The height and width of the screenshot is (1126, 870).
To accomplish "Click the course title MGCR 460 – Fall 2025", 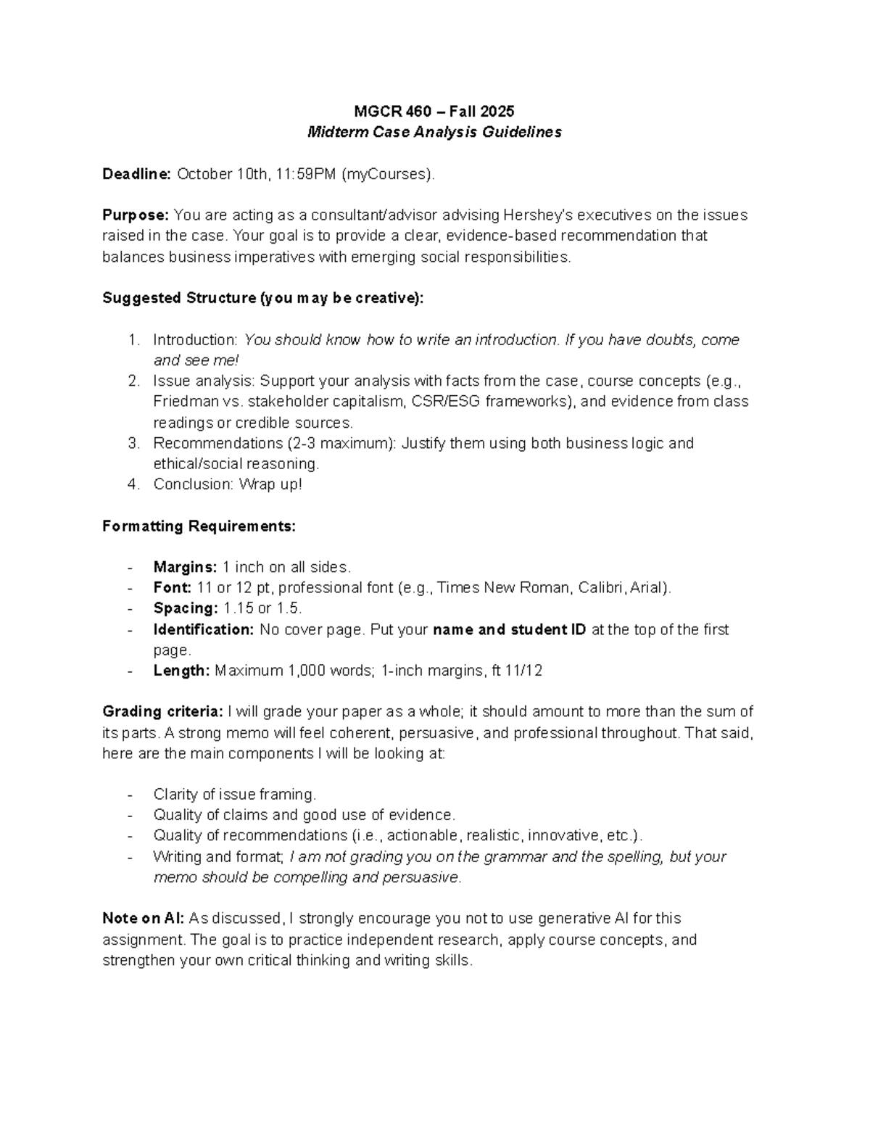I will (434, 111).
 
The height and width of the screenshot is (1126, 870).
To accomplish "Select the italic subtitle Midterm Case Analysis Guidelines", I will (434, 132).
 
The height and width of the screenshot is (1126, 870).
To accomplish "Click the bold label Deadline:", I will (136, 174).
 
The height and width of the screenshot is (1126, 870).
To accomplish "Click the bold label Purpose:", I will (136, 215).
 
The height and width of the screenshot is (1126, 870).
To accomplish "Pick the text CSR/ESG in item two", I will (436, 402).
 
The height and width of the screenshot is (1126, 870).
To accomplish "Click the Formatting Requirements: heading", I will (199, 526).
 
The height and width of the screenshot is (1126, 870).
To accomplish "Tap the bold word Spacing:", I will (185, 609).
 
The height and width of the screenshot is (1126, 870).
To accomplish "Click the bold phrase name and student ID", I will (509, 630).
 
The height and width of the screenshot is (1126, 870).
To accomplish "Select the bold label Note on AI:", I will (144, 919).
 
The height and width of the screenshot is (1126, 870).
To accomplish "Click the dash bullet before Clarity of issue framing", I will (130, 795).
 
